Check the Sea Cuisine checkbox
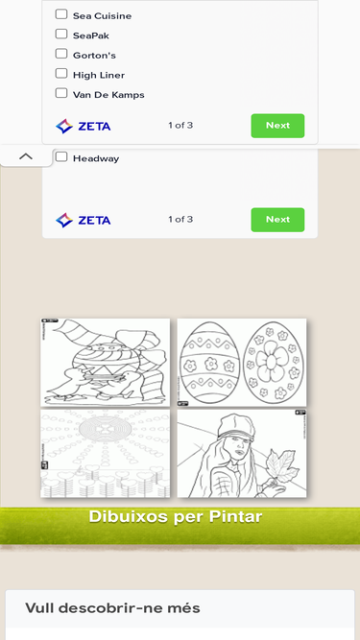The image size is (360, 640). click(61, 14)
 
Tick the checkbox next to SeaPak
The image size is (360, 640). click(61, 34)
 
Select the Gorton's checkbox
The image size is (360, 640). click(61, 54)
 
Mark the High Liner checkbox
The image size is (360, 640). click(61, 73)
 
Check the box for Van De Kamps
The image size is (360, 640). click(61, 93)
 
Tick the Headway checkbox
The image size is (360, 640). click(61, 156)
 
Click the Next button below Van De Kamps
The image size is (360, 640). click(277, 126)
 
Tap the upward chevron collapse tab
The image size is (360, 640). click(26, 156)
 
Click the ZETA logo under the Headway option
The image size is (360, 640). click(84, 221)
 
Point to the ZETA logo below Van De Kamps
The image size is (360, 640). click(84, 127)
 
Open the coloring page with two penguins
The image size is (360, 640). click(106, 363)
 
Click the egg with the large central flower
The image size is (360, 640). click(273, 361)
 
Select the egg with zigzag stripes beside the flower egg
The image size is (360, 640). click(210, 361)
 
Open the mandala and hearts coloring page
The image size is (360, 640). click(106, 454)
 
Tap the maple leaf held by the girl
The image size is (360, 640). click(281, 466)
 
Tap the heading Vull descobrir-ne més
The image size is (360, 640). click(112, 608)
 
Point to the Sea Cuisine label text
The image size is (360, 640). click(102, 16)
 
